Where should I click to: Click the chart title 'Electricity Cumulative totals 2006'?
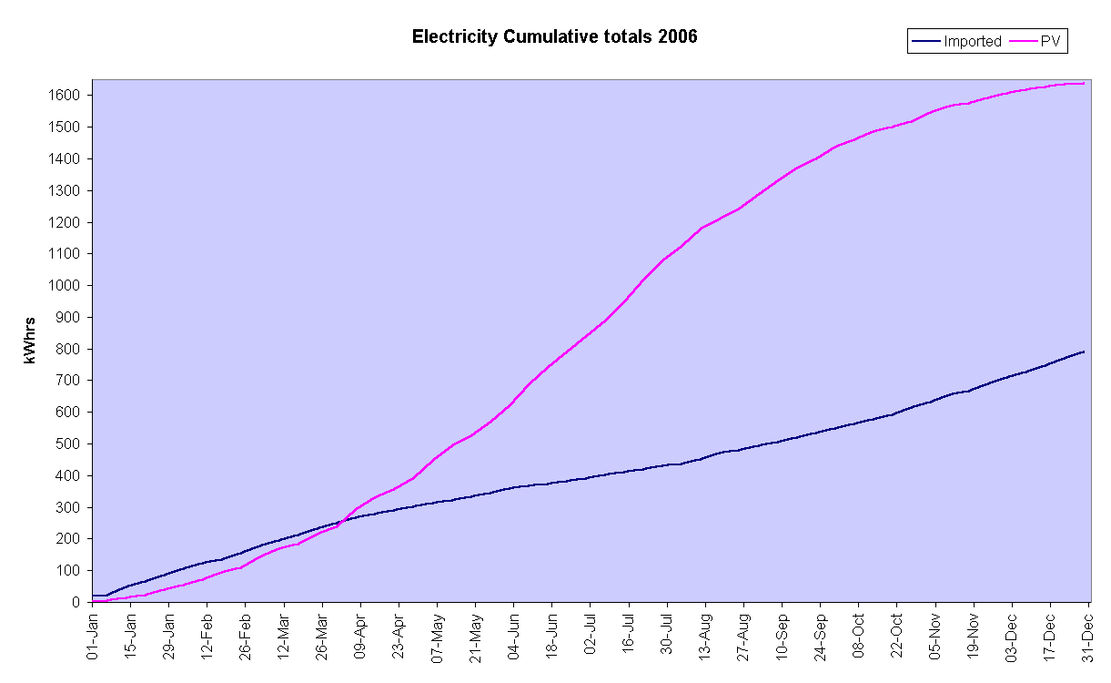(554, 37)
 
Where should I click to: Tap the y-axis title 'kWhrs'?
(31, 341)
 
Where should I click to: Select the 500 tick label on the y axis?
(71, 444)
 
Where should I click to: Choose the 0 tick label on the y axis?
(78, 603)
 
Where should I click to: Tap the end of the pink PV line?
(1084, 84)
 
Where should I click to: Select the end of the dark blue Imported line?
(1084, 352)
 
